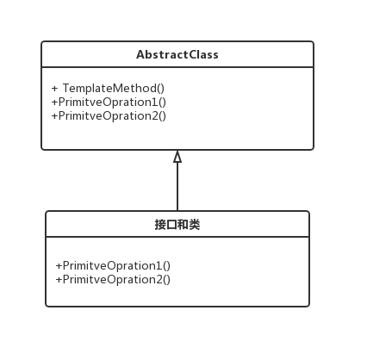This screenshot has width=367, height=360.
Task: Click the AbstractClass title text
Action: point(177,54)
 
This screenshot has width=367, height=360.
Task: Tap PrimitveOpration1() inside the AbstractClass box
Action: point(109,102)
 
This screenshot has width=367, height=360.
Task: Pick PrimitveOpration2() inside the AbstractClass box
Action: point(109,115)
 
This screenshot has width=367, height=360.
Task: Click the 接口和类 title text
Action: point(177,225)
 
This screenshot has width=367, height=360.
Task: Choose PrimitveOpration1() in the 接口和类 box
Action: point(113,265)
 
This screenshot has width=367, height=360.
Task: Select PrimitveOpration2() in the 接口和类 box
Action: point(113,279)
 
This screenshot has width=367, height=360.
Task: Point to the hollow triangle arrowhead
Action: point(177,157)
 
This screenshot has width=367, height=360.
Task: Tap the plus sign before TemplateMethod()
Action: point(55,88)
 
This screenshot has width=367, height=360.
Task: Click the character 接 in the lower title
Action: point(160,225)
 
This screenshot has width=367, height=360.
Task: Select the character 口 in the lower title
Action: point(171,225)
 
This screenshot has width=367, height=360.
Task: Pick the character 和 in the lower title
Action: point(183,225)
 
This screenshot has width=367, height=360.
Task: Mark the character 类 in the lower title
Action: point(196,225)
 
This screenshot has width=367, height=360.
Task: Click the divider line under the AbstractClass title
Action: point(177,67)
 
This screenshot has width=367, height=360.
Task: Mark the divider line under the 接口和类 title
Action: point(177,237)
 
